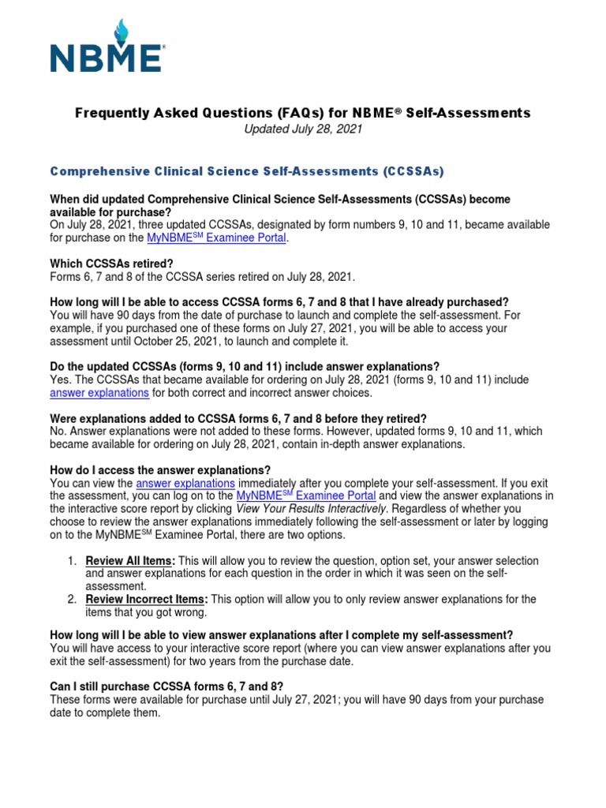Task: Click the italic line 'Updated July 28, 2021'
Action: tap(302, 129)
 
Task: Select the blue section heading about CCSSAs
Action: tap(247, 170)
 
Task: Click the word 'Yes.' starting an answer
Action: tap(62, 380)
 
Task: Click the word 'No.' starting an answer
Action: tap(59, 432)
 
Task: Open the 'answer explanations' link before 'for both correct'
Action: tap(100, 392)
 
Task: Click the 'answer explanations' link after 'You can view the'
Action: tap(185, 482)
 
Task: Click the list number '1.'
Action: tap(71, 560)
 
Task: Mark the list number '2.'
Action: tap(71, 599)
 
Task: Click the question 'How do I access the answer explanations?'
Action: tap(160, 469)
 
